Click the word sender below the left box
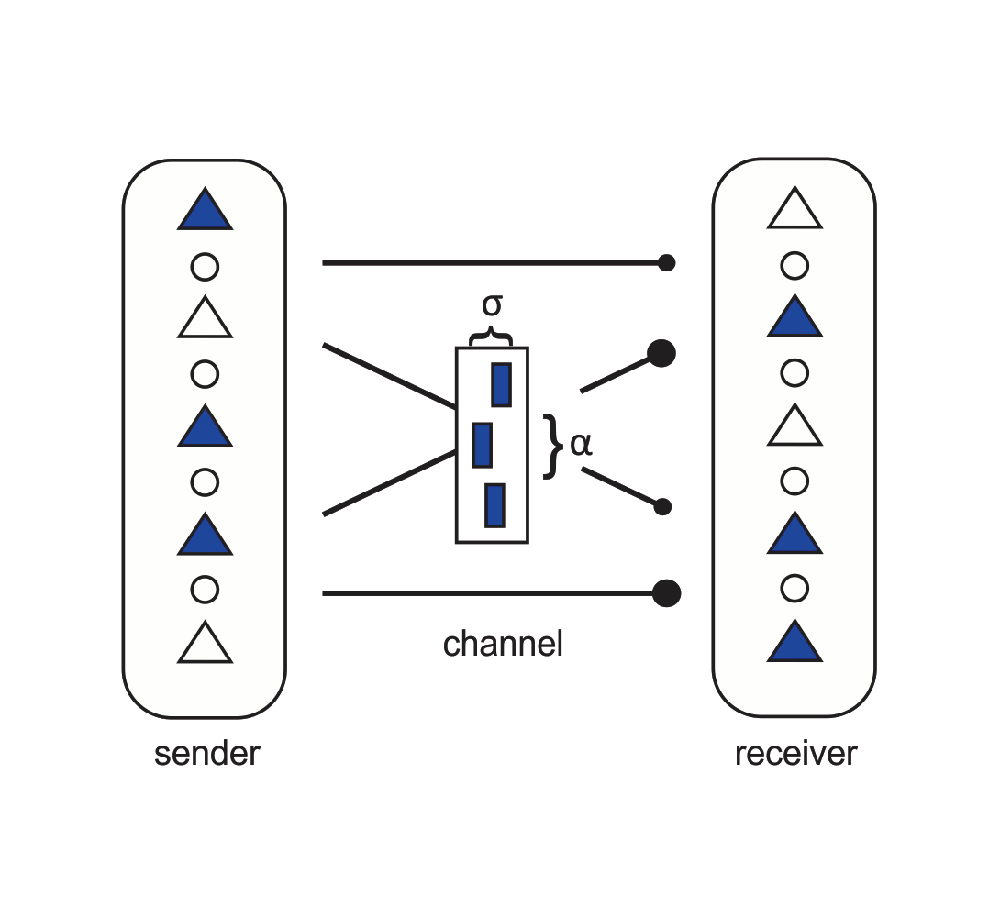coord(207,754)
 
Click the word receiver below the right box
coord(795,754)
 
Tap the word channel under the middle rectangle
coord(503,645)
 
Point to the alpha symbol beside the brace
coord(582,444)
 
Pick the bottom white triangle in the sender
coord(205,645)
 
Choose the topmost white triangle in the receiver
coord(795,211)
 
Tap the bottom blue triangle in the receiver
coord(795,644)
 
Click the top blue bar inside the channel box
coord(502,385)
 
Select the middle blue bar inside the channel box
coord(483,445)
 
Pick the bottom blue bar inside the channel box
coord(494,505)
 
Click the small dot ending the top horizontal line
coord(667,263)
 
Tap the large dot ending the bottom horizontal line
coord(667,594)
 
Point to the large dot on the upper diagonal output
coord(661,353)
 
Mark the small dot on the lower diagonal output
coord(663,507)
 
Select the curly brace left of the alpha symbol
coord(550,446)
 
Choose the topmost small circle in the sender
coord(205,267)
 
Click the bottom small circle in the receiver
coord(795,587)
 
